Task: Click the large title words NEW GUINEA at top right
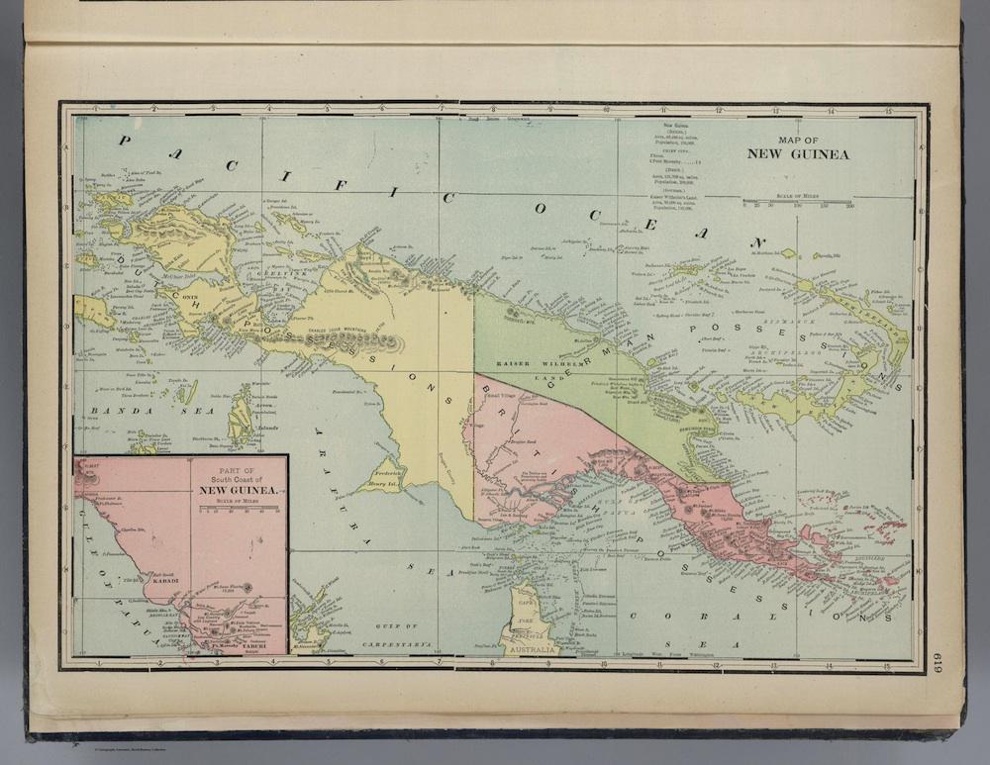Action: [x=798, y=154]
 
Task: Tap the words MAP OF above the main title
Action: [x=801, y=140]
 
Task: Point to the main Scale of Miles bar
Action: [x=797, y=202]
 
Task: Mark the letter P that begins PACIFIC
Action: [x=125, y=140]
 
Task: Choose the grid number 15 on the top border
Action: [x=887, y=110]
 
